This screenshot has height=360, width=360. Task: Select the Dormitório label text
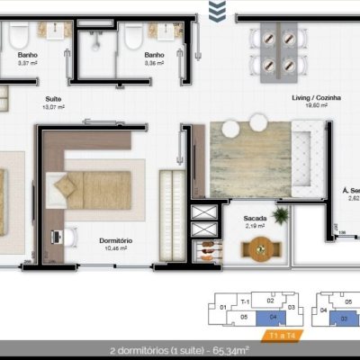115,240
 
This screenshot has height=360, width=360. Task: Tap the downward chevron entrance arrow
216,11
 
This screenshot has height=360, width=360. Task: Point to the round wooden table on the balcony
260,252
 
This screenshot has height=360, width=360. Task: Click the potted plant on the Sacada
282,216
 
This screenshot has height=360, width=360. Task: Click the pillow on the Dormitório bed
65,187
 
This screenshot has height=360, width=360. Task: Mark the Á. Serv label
349,192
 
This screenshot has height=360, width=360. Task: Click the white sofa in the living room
311,159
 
